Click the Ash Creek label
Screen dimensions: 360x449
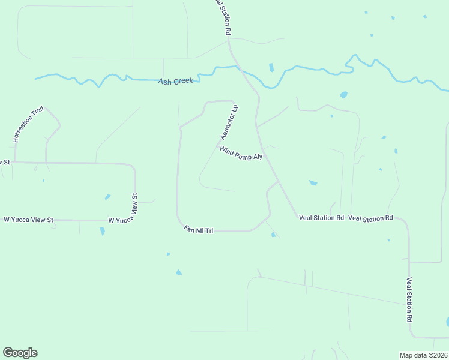(176, 81)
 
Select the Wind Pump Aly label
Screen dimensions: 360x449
(241, 154)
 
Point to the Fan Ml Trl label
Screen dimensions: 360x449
(198, 230)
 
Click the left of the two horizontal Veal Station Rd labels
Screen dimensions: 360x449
(321, 218)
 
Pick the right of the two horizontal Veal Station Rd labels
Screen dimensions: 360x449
(370, 218)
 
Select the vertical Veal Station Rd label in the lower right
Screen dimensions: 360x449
(409, 299)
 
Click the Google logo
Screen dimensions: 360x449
(20, 353)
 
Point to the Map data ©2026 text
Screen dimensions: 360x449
(423, 355)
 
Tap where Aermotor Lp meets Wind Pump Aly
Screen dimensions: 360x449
(218, 145)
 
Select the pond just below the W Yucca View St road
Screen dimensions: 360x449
(103, 231)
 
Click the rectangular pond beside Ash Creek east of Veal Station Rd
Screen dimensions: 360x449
(271, 67)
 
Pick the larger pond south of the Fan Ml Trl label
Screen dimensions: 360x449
(179, 272)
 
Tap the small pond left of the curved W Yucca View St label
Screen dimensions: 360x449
(107, 196)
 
